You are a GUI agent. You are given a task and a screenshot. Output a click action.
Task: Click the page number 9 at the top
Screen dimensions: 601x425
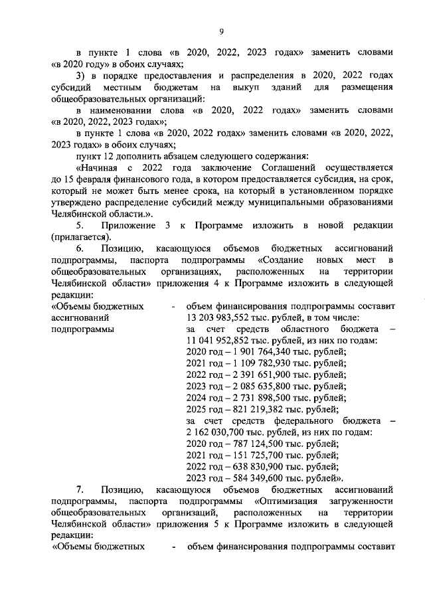222,29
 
